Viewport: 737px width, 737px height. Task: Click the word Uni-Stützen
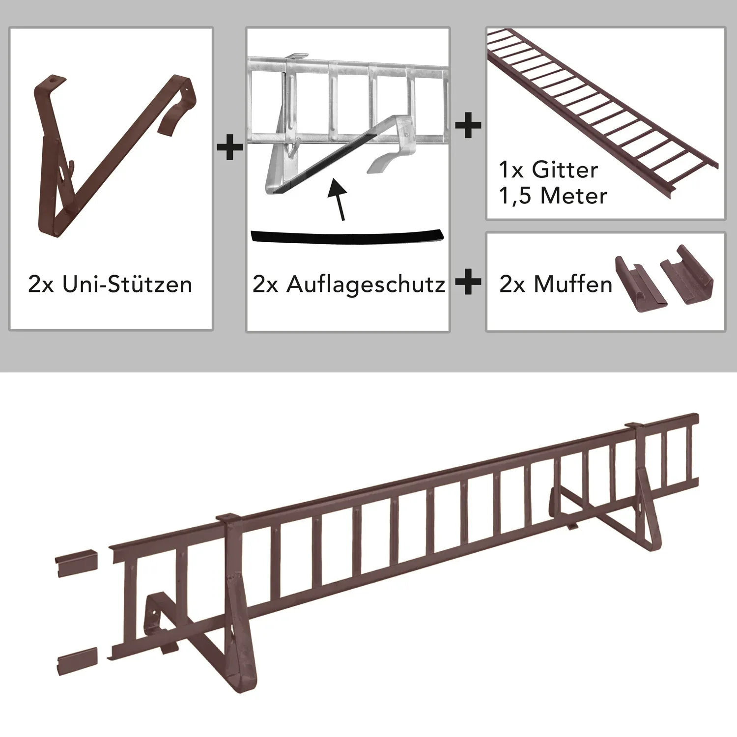(127, 285)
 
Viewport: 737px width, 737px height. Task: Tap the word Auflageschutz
(366, 284)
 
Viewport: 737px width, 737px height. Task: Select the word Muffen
(573, 284)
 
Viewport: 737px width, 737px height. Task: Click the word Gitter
(565, 170)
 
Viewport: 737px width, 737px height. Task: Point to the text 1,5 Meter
(553, 196)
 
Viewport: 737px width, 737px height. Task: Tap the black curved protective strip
(347, 236)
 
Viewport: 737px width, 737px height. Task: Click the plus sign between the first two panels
(229, 146)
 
